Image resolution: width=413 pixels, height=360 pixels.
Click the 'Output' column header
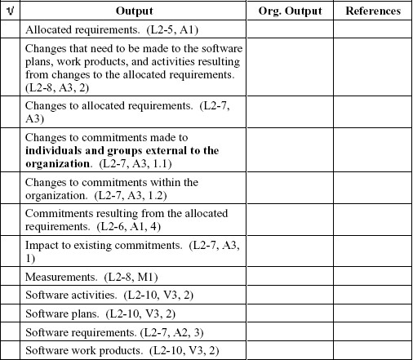[134, 11]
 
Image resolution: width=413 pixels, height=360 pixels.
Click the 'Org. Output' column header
[290, 11]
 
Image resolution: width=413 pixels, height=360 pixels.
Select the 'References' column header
[373, 11]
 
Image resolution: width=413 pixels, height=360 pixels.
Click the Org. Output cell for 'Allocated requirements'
[290, 29]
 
